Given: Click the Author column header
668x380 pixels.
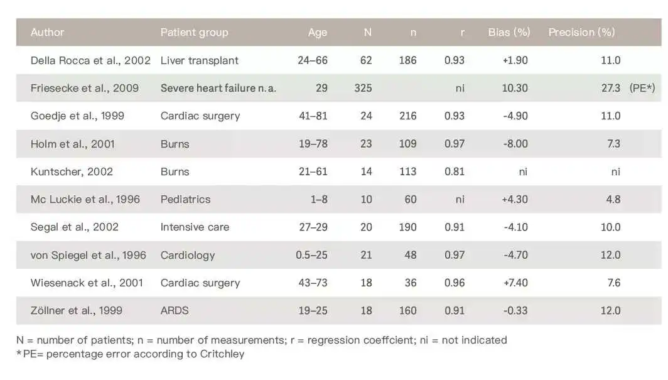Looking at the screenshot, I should coord(47,33).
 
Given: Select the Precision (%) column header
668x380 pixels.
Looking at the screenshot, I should coord(581,33).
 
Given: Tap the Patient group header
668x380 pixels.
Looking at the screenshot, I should coord(194,33).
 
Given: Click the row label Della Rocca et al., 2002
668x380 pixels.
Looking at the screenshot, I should coord(90,61).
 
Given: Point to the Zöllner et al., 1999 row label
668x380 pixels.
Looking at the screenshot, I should coord(77,310).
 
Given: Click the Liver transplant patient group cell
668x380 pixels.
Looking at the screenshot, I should coord(199,61).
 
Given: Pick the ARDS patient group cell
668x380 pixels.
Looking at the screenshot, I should coord(175,310).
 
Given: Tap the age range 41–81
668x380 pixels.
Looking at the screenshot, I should coord(313,116).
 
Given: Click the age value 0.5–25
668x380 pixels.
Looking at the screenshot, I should coord(311,255).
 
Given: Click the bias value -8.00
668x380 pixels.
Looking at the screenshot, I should coord(515,144).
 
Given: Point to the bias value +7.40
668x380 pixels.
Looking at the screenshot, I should coord(515,283).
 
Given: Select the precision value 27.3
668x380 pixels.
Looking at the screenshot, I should coord(610,89).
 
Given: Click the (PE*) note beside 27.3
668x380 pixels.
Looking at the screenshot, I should coord(642,89).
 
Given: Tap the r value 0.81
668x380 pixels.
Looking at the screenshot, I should coord(455,171).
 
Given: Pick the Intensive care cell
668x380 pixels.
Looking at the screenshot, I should coord(195,227).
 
